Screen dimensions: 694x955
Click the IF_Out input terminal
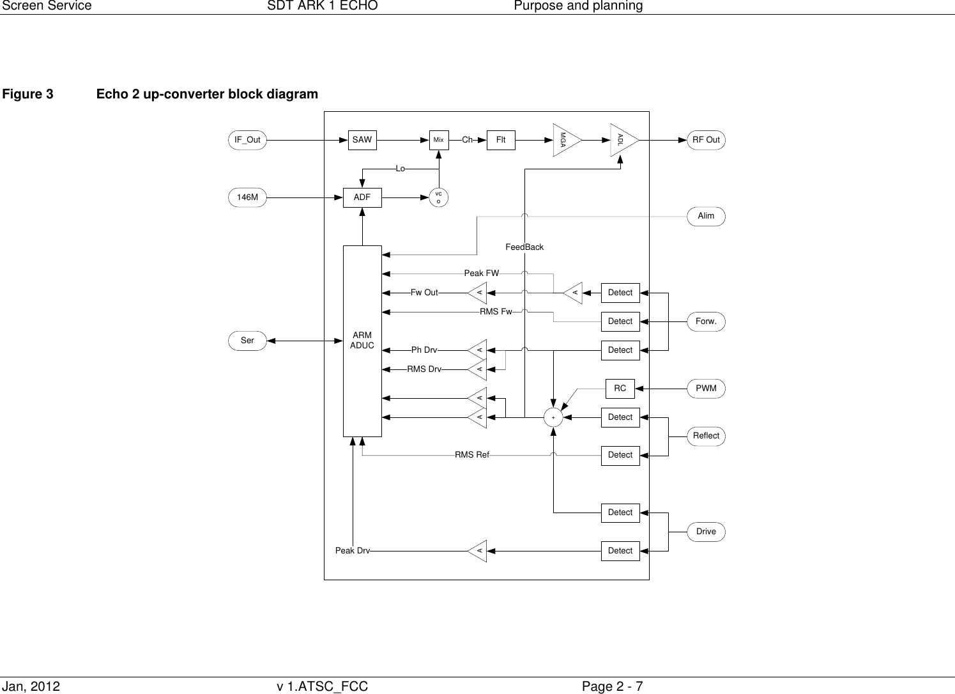coord(247,140)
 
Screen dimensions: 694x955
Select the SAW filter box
coord(362,140)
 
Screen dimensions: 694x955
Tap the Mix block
coord(439,140)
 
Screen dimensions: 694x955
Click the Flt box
coord(501,140)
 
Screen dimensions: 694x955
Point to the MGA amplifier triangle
coord(565,140)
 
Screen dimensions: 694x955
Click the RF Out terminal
coord(706,140)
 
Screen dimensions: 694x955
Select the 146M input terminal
coord(247,197)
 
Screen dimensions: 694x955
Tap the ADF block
coord(362,197)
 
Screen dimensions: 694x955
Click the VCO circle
coord(438,197)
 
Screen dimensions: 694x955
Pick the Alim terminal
coord(706,216)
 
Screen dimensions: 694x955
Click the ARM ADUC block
coord(362,341)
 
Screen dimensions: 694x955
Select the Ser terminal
coord(247,341)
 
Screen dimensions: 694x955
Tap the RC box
coord(620,389)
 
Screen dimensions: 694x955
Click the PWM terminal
coord(706,389)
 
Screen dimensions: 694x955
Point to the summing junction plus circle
coord(553,417)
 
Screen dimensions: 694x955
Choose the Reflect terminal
coord(706,436)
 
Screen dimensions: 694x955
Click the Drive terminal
coord(706,532)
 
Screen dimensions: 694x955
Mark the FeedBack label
coord(524,247)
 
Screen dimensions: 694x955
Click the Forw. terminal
coord(706,321)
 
